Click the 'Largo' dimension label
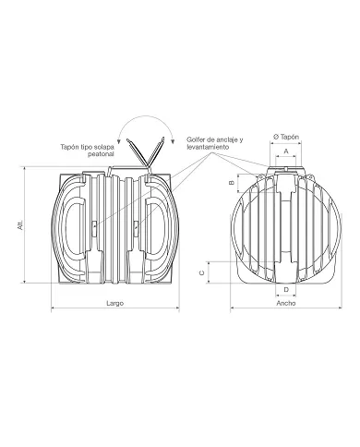tap(114, 303)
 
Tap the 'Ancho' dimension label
tap(286, 303)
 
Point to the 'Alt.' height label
tap(20, 225)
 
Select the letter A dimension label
tap(286, 151)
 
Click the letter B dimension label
tap(233, 183)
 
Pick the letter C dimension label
tap(202, 272)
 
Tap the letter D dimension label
tap(286, 290)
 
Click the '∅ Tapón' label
tap(286, 137)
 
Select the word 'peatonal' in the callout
tap(101, 154)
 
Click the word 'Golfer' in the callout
tap(195, 139)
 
